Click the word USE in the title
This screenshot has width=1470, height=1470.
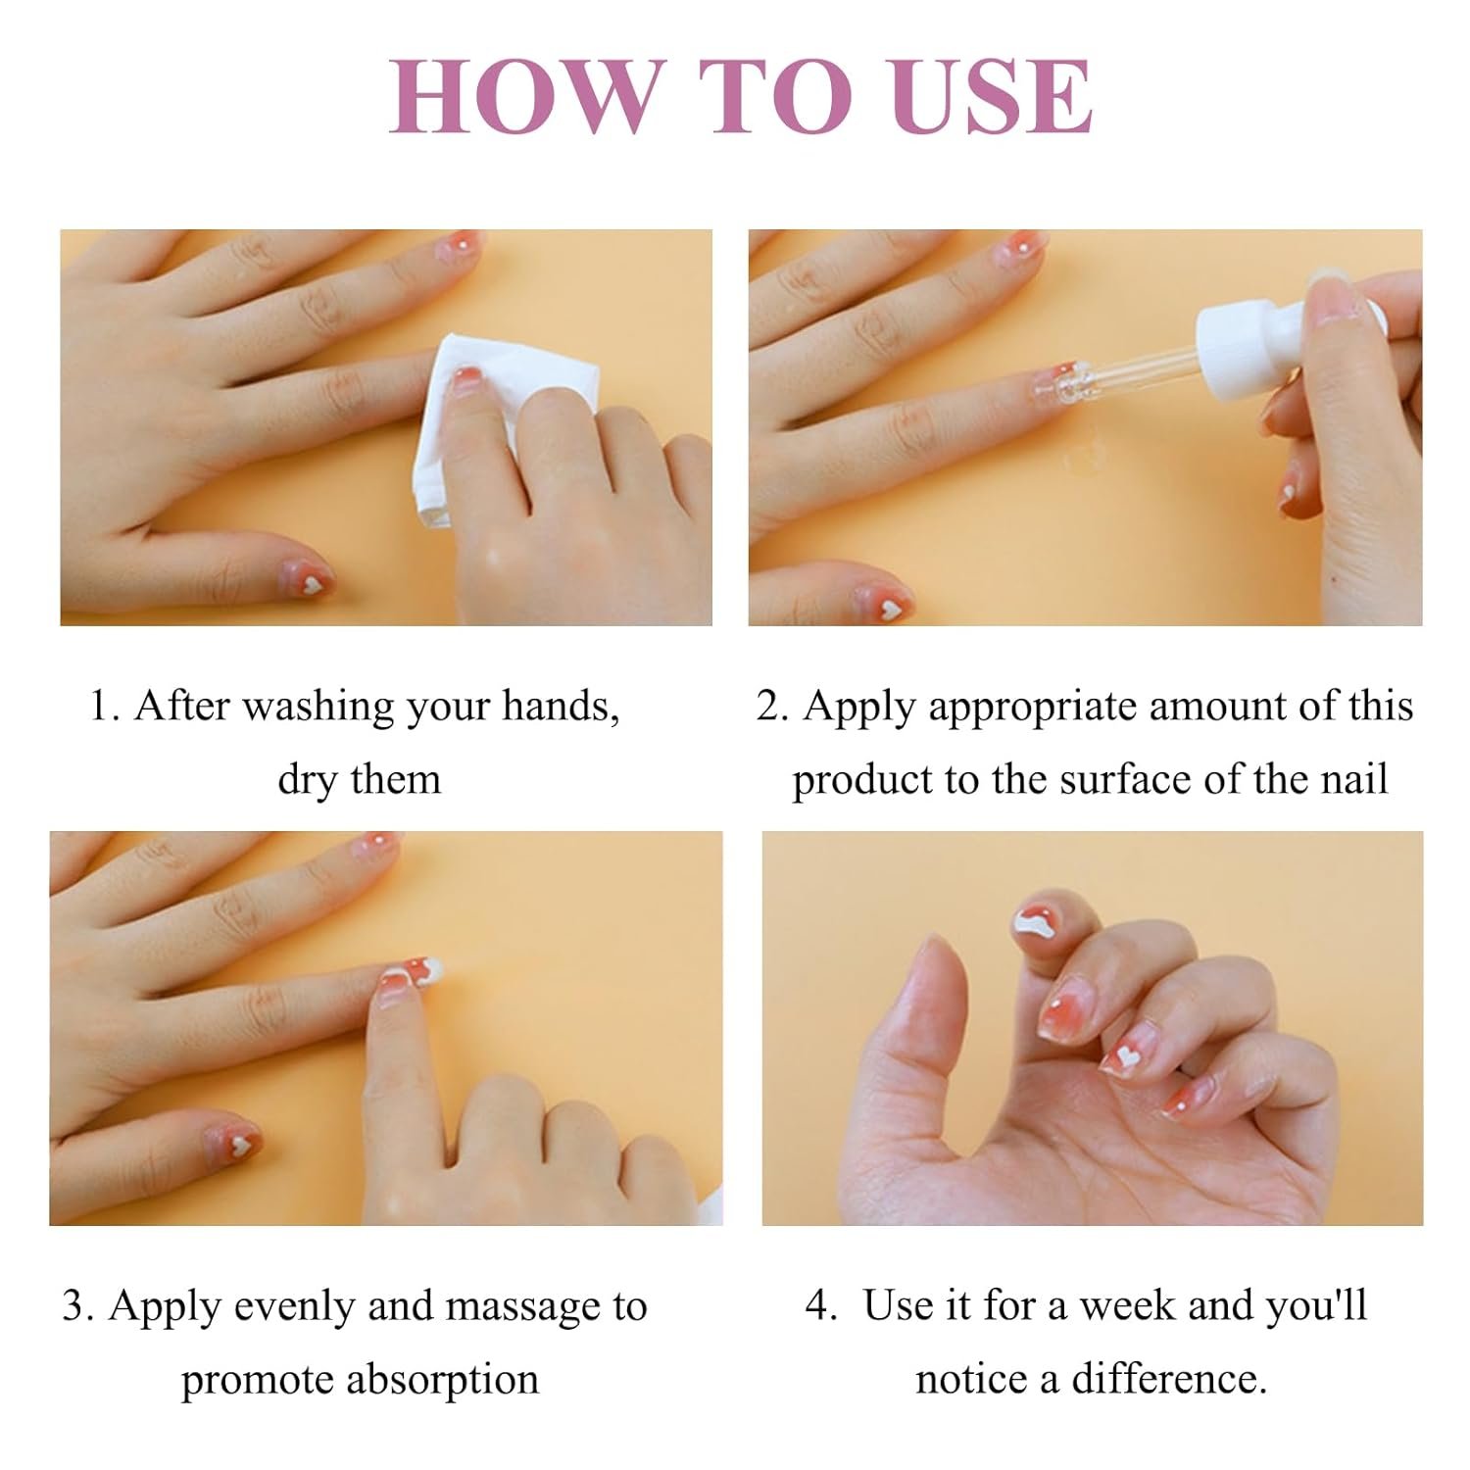click(x=980, y=97)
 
